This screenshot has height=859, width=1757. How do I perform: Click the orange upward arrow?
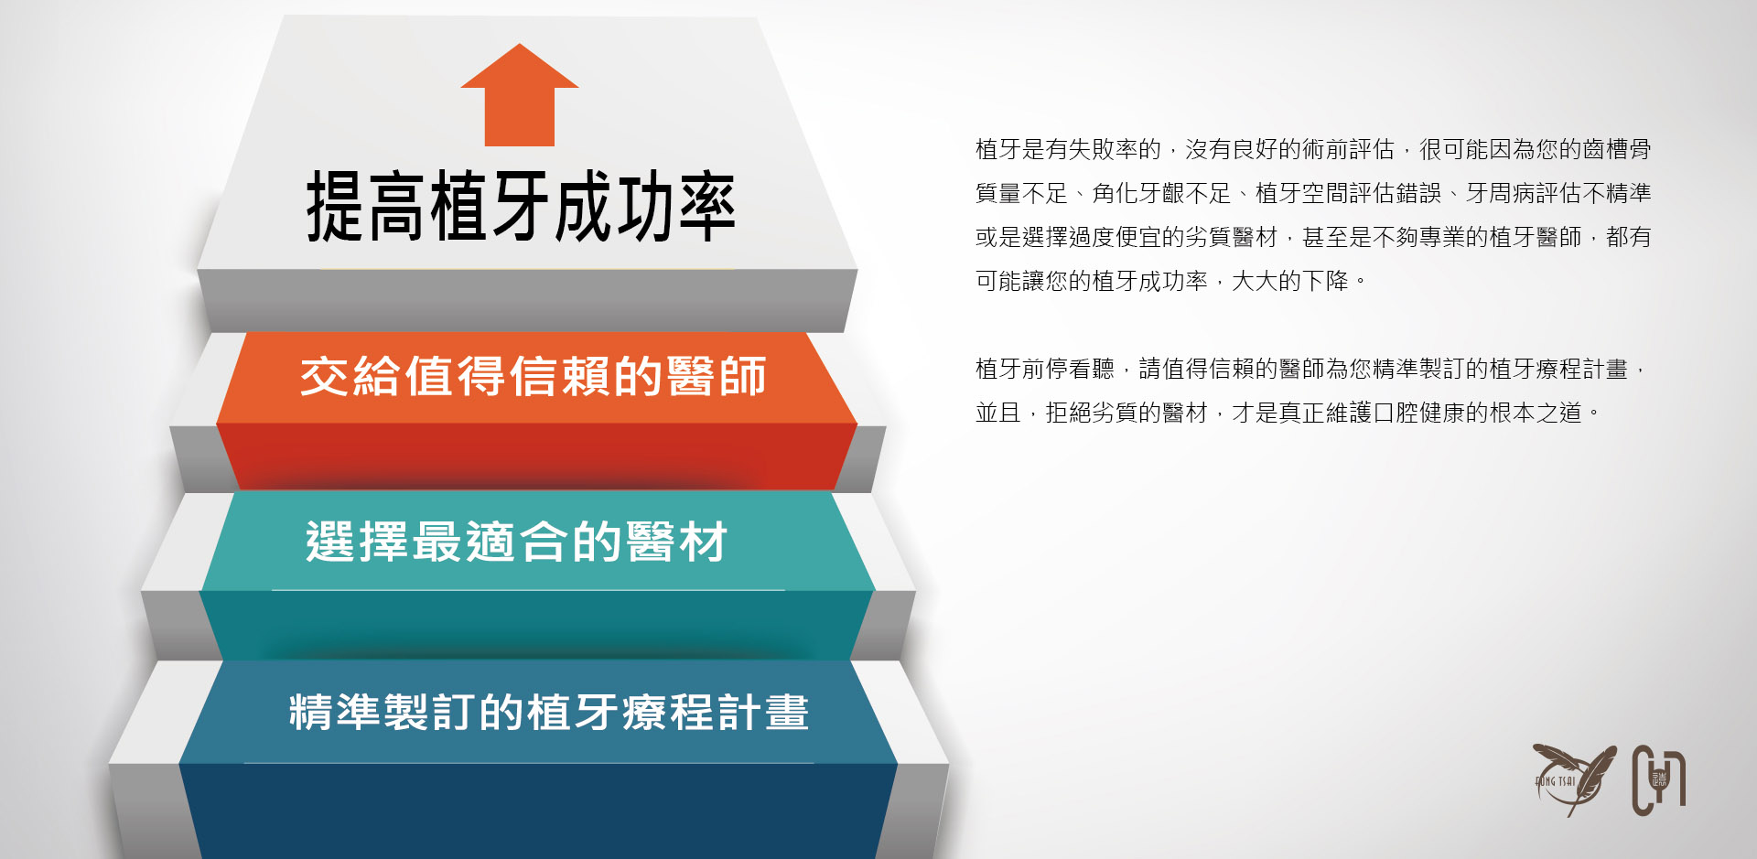(x=520, y=96)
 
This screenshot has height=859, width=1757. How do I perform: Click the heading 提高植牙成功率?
(x=521, y=207)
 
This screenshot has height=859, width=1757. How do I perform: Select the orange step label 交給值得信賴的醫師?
(x=534, y=376)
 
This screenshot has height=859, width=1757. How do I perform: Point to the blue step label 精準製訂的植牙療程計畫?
(x=549, y=712)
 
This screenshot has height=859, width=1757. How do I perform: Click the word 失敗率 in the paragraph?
(x=1103, y=149)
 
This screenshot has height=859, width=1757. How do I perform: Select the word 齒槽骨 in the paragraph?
(x=1617, y=149)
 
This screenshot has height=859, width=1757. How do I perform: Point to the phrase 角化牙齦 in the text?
(x=1138, y=193)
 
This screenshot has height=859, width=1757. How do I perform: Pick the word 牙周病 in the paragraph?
(x=1500, y=193)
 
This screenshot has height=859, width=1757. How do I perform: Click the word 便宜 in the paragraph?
(x=1138, y=237)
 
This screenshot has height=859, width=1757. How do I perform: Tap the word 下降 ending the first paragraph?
(x=1325, y=281)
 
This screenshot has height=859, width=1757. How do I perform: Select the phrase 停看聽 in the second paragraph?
(x=1080, y=369)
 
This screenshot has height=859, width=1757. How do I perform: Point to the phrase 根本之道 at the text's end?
(x=1536, y=413)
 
